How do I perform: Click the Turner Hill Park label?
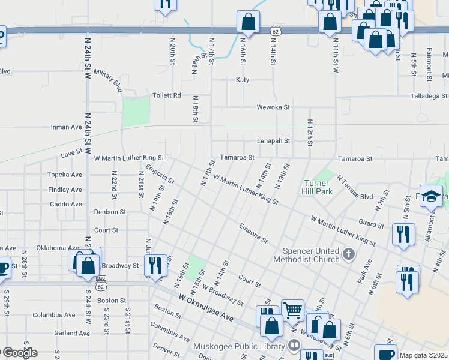pyautogui.click(x=316, y=187)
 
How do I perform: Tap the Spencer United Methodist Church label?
pyautogui.click(x=306, y=255)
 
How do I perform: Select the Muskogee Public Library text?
pyautogui.click(x=240, y=346)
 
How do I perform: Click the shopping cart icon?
pyautogui.click(x=292, y=310)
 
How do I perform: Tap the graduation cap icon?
pyautogui.click(x=431, y=196)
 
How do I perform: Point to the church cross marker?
pyautogui.click(x=348, y=256)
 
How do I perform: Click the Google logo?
pyautogui.click(x=19, y=353)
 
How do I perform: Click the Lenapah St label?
pyautogui.click(x=273, y=141)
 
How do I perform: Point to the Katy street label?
pyautogui.click(x=243, y=80)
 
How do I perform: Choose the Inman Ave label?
pyautogui.click(x=67, y=127)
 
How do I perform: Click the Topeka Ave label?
pyautogui.click(x=65, y=175)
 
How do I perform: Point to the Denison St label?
pyautogui.click(x=110, y=212)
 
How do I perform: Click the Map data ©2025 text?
pyautogui.click(x=423, y=355)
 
